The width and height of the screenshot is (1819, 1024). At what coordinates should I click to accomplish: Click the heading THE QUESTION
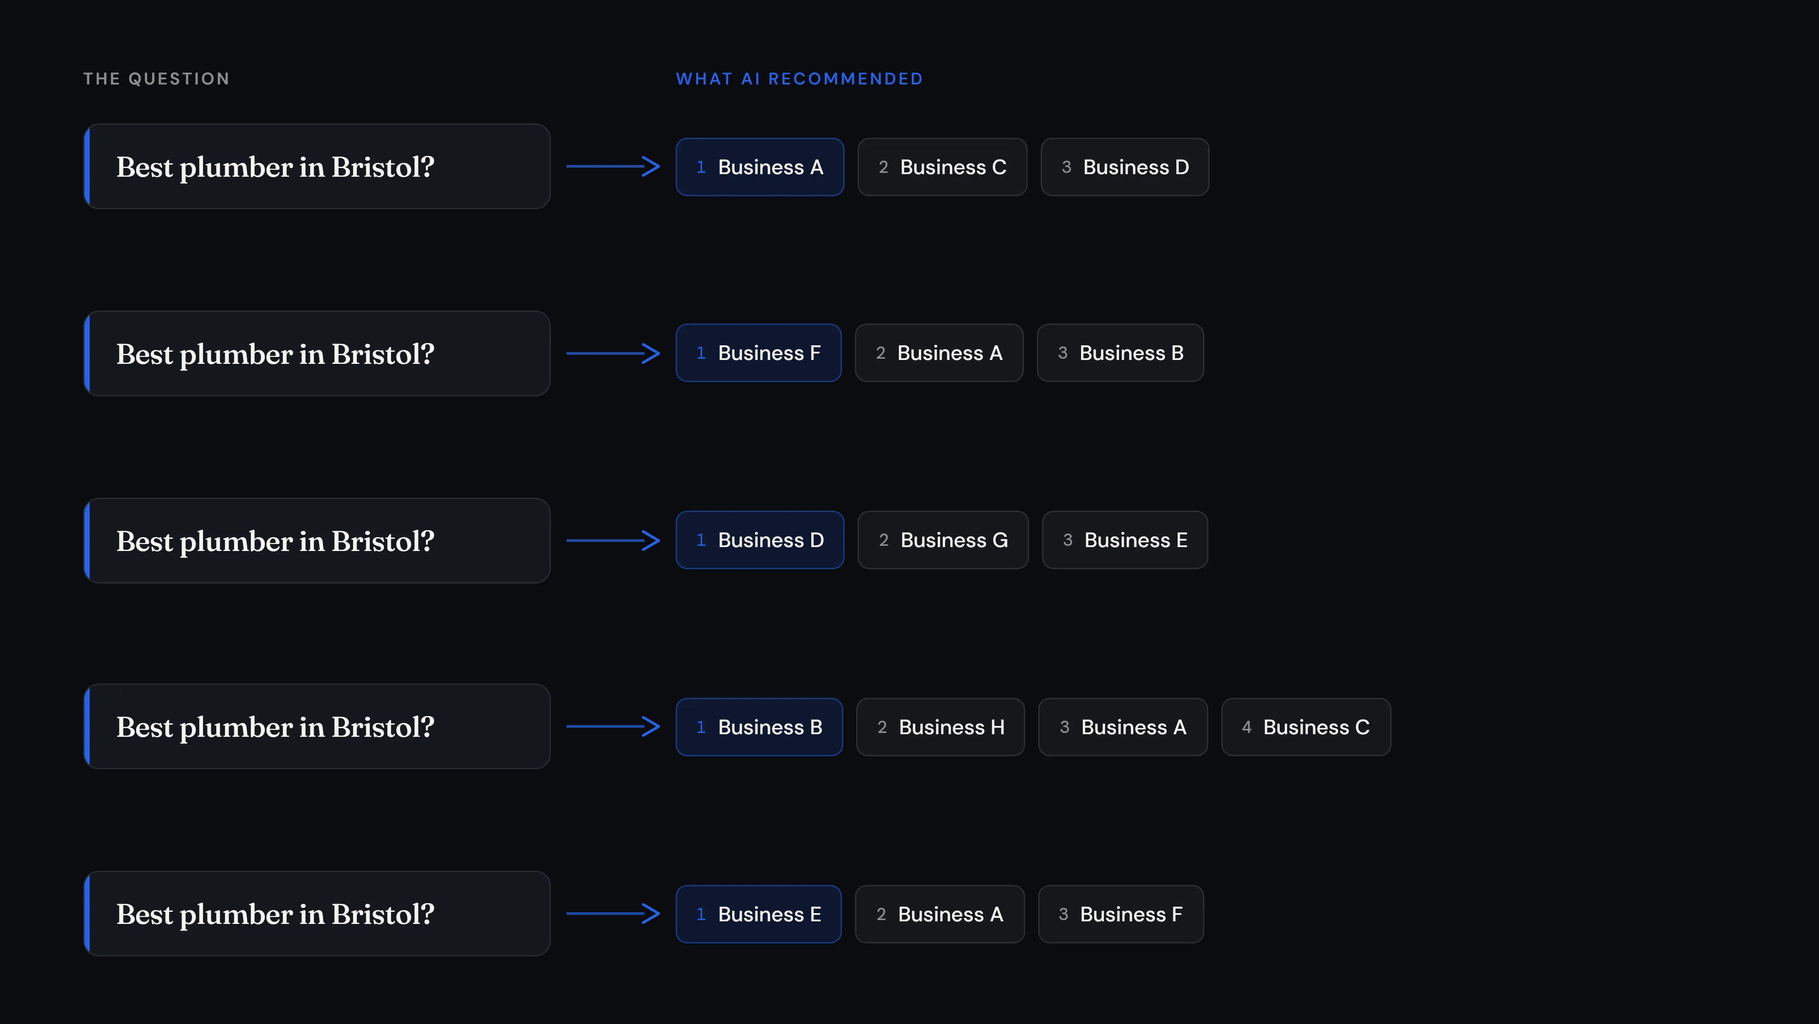(x=156, y=78)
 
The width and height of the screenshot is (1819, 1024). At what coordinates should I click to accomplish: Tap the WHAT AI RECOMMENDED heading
(x=799, y=78)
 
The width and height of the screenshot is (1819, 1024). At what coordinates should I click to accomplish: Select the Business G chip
(x=943, y=540)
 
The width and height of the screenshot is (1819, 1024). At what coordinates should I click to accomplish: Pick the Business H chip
(x=940, y=727)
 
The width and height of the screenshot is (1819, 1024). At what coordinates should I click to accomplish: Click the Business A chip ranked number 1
(x=760, y=167)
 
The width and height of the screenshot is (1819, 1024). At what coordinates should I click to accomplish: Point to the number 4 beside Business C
(x=1246, y=727)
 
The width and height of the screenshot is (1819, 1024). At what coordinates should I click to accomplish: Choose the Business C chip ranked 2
(x=942, y=167)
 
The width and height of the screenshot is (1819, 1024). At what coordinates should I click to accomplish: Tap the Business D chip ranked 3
(x=1125, y=167)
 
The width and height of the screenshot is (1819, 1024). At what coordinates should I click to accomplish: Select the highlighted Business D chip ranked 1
(x=760, y=540)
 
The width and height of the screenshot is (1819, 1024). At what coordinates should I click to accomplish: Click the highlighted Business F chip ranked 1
(x=758, y=353)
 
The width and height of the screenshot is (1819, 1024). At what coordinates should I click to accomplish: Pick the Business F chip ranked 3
(x=1121, y=914)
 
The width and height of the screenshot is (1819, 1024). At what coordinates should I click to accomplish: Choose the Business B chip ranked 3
(x=1120, y=353)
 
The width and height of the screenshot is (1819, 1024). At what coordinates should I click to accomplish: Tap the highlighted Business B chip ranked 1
(x=759, y=727)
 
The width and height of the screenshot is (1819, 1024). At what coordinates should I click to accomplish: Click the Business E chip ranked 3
(x=1125, y=540)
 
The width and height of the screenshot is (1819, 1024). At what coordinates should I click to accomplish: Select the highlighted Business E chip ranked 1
(x=758, y=914)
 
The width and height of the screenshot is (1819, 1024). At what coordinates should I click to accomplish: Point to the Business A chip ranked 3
(x=1123, y=727)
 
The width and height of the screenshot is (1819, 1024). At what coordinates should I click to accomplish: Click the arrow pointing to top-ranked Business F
(x=613, y=353)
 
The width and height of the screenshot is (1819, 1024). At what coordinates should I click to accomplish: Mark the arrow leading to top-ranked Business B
(x=613, y=727)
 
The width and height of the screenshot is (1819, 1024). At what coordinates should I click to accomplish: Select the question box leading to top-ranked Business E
(x=317, y=914)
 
